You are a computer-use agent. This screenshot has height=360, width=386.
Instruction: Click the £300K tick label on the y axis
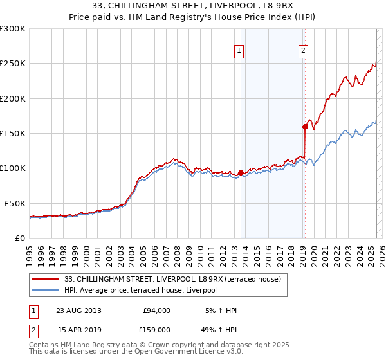(x=13, y=29)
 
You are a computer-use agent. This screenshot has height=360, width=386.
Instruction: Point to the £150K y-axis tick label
(x=13, y=134)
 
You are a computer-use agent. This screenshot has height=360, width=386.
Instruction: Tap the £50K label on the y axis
(x=15, y=203)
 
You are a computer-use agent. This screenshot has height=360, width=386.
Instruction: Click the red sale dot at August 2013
(x=241, y=172)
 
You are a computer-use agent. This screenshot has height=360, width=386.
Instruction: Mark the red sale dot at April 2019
(x=305, y=127)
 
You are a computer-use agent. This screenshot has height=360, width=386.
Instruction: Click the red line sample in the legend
(x=46, y=280)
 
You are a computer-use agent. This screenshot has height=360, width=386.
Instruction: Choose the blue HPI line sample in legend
(x=46, y=291)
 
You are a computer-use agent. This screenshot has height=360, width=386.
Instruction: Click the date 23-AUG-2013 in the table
(x=78, y=310)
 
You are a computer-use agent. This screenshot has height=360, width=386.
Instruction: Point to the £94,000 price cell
(x=156, y=310)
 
